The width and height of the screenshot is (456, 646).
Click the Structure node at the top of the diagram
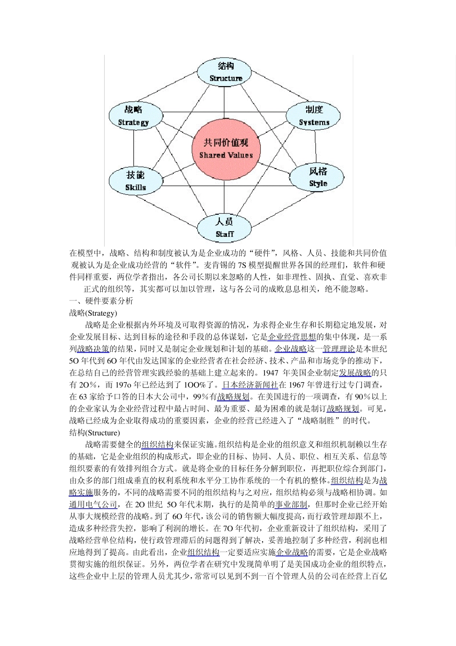(225, 72)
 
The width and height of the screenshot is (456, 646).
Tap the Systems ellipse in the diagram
(314, 116)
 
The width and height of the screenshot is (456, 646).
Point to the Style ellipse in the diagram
(317, 177)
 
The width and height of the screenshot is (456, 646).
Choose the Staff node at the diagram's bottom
(224, 228)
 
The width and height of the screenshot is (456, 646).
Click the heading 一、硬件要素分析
(101, 301)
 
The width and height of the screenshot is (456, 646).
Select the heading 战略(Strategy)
(93, 313)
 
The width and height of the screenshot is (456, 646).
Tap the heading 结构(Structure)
(95, 433)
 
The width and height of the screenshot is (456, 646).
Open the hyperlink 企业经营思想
(292, 337)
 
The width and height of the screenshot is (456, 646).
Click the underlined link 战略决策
(93, 349)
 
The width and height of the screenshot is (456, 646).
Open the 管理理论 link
(339, 349)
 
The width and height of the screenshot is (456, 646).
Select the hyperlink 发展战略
(355, 373)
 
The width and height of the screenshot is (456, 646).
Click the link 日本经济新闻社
(250, 385)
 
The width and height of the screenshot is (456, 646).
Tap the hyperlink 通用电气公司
(93, 505)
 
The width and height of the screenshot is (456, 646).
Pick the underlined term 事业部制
(291, 505)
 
